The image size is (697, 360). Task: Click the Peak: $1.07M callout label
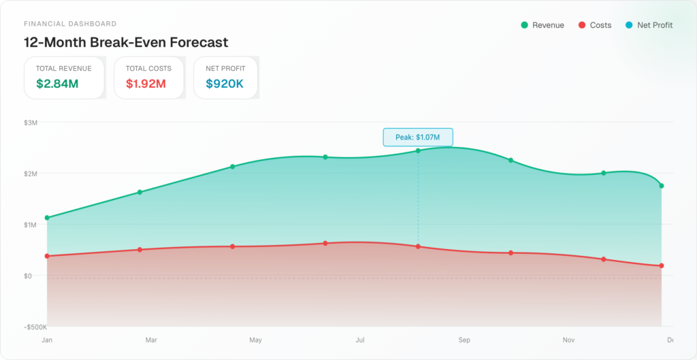(417, 137)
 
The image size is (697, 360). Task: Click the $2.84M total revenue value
(57, 84)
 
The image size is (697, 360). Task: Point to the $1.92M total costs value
(146, 84)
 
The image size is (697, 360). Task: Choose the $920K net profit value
(225, 84)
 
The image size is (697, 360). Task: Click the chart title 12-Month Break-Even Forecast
(126, 42)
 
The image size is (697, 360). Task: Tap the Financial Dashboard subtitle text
(70, 24)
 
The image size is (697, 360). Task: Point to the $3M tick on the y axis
(31, 122)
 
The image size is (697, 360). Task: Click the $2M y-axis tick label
(31, 174)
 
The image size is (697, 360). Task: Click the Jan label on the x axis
(47, 340)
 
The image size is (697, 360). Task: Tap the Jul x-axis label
(360, 340)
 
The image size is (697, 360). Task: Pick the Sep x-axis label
(464, 340)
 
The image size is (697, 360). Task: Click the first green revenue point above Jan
(47, 218)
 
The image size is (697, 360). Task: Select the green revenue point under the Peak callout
(418, 150)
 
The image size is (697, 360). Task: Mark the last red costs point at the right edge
(661, 265)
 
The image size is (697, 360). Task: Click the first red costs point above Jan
(47, 256)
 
